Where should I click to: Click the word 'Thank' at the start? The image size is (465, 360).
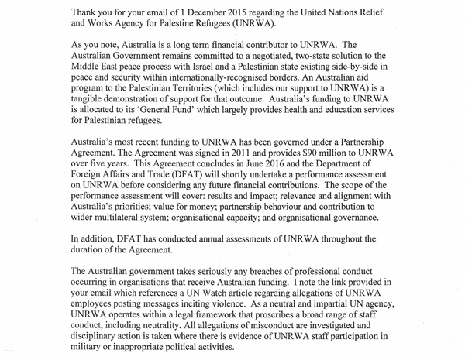pos(88,12)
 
